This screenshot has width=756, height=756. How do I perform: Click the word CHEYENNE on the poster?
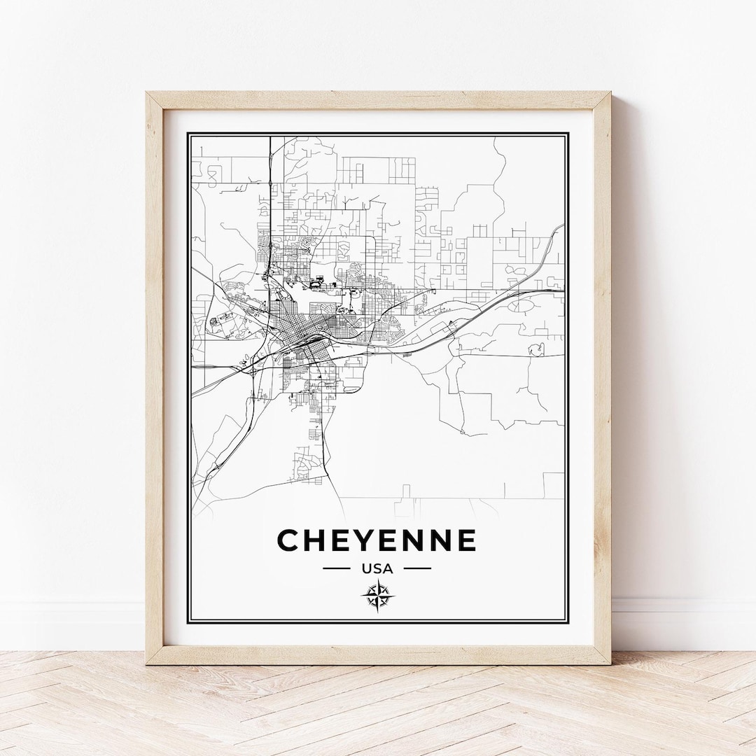[x=377, y=540]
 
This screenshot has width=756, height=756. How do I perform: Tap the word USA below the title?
[x=377, y=568]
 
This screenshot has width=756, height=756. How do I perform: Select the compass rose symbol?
[x=378, y=596]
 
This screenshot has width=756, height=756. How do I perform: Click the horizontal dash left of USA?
[x=336, y=568]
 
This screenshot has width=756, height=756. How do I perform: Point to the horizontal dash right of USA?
[x=418, y=568]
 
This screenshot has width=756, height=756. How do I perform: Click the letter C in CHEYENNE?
[x=289, y=540]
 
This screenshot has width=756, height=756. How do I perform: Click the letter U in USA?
[x=366, y=568]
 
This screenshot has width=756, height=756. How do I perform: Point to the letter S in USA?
[x=377, y=568]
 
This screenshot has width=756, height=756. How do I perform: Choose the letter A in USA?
[x=388, y=568]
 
